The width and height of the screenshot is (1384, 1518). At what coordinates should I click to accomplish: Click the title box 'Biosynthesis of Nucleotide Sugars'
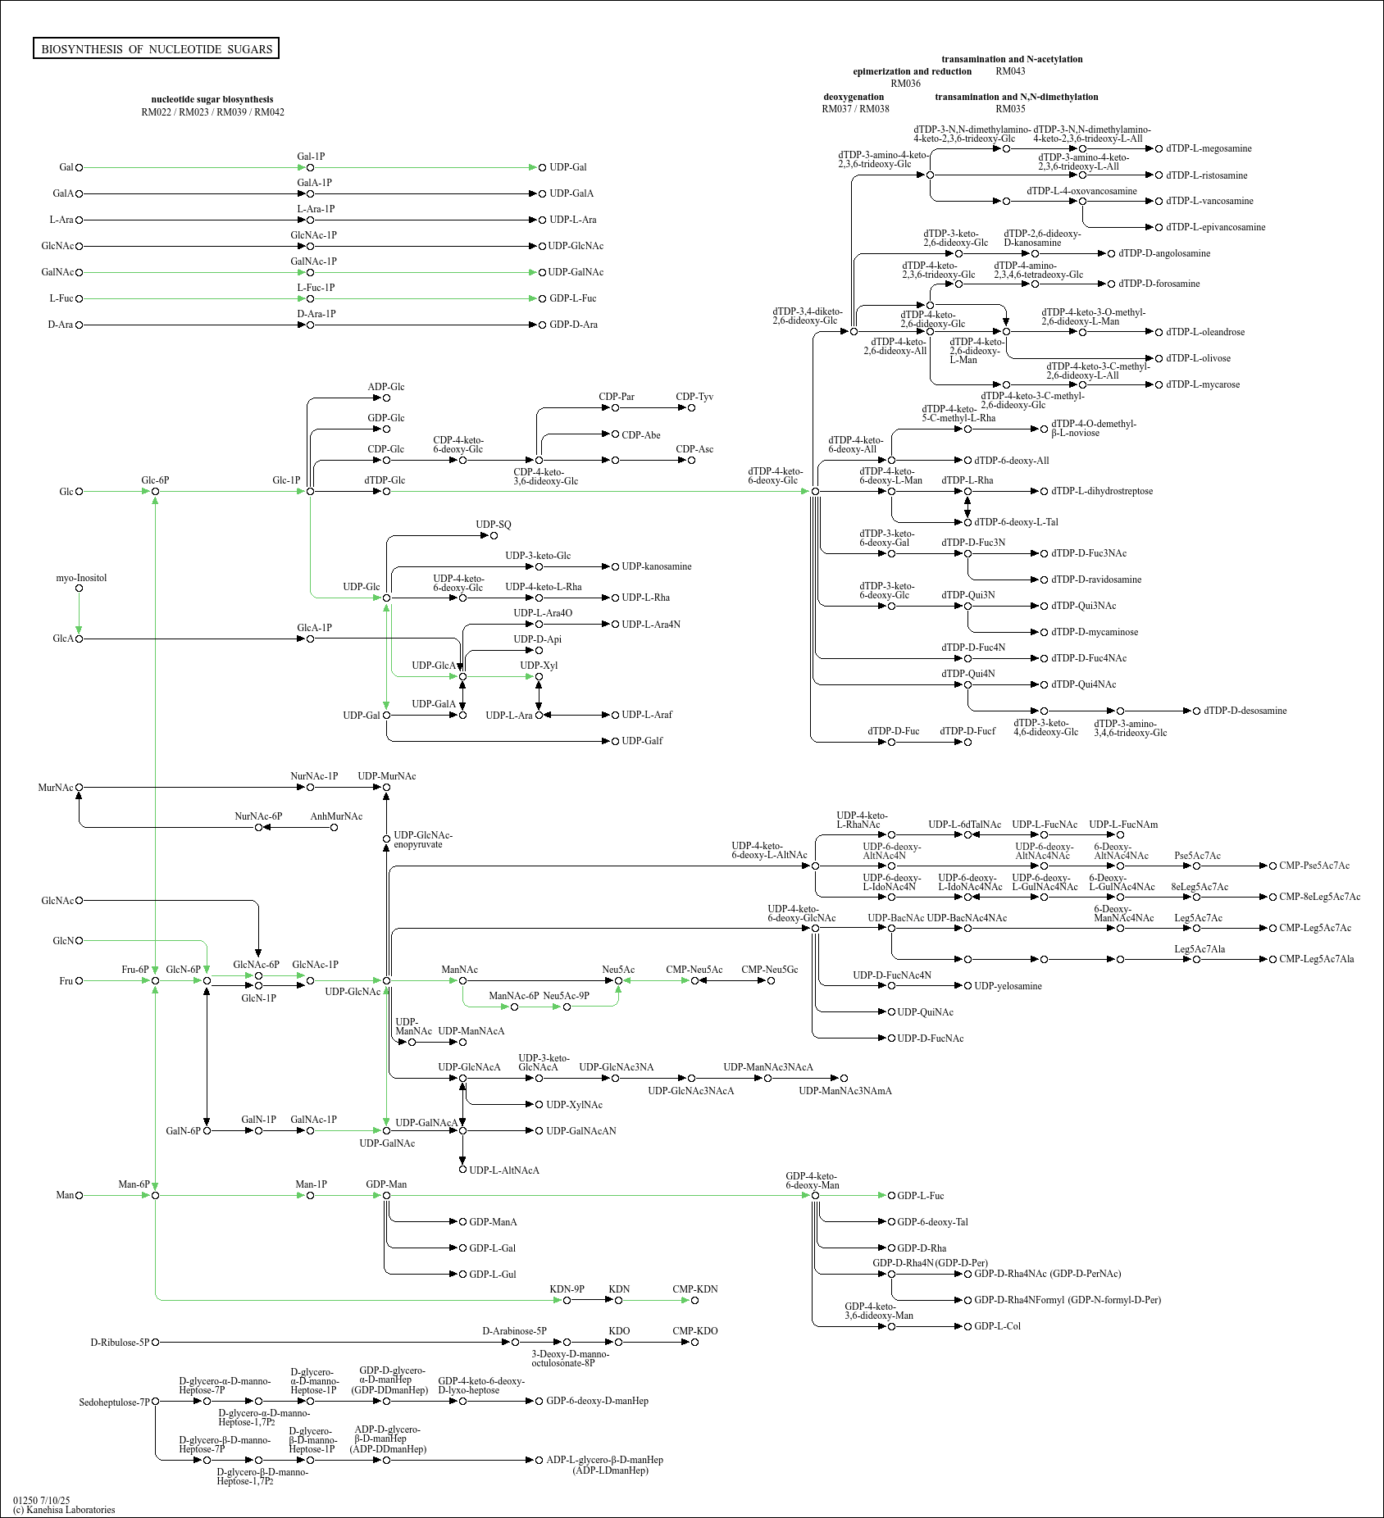click(x=156, y=48)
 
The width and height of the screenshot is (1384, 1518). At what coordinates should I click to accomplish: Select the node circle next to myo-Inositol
click(x=79, y=588)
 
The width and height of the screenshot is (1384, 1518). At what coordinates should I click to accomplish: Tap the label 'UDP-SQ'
click(x=494, y=525)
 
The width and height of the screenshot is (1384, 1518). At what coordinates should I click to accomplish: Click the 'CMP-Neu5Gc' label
click(x=769, y=970)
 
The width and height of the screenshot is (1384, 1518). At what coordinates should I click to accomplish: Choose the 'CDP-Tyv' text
click(x=694, y=397)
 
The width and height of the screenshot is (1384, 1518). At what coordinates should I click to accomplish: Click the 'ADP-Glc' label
click(x=385, y=387)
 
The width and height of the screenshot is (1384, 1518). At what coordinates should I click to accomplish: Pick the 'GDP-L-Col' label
click(x=997, y=1326)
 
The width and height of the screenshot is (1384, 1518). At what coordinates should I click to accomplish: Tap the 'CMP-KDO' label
click(x=694, y=1331)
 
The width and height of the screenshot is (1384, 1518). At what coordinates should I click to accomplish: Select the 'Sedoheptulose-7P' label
click(x=114, y=1402)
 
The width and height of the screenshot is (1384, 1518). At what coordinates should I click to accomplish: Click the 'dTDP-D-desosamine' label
click(x=1245, y=711)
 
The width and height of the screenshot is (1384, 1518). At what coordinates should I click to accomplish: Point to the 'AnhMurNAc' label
click(x=336, y=816)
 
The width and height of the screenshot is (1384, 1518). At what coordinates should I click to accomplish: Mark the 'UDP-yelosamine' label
click(x=1008, y=986)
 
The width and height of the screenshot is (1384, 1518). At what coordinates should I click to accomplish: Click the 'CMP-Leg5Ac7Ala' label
click(x=1316, y=959)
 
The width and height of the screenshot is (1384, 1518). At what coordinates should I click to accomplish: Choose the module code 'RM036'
click(x=905, y=84)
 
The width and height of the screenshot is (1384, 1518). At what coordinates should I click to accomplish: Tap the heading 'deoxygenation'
click(x=854, y=97)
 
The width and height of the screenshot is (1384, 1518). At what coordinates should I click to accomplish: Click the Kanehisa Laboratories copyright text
click(x=64, y=1510)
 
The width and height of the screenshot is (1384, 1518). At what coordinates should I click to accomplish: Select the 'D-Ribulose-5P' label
click(x=120, y=1343)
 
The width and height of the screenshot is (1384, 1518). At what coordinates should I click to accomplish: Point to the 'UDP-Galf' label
click(x=642, y=741)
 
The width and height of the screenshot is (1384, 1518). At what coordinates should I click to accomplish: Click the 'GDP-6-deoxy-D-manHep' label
click(x=597, y=1401)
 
